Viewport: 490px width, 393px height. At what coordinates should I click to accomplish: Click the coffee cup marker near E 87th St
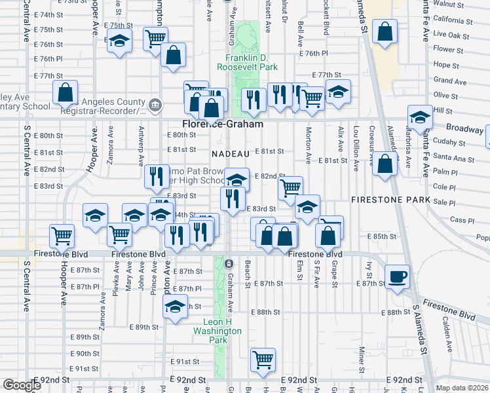click(x=396, y=276)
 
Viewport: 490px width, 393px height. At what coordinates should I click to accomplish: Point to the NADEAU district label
click(x=231, y=153)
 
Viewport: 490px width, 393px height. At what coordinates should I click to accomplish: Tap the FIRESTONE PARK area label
click(x=390, y=199)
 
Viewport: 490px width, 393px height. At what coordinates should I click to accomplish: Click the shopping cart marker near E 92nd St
click(x=263, y=358)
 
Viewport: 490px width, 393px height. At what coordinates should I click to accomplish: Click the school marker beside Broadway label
click(x=419, y=117)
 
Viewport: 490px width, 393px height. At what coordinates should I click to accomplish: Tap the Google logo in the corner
click(x=22, y=385)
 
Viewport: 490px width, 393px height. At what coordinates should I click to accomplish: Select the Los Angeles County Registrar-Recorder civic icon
click(x=156, y=104)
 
